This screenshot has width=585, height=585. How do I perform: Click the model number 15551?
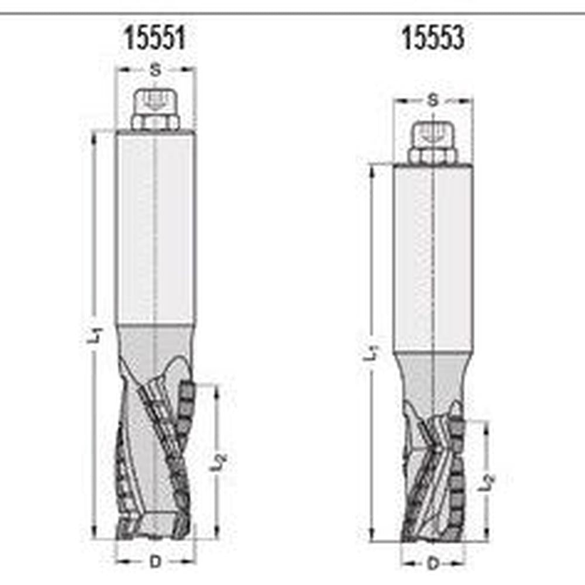coord(155,39)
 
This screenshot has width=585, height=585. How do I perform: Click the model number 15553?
coord(433,39)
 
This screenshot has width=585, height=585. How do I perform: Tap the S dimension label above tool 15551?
coord(155,70)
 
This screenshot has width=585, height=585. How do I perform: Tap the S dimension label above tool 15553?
coord(433,101)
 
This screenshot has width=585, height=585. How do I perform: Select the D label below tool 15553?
coord(433,564)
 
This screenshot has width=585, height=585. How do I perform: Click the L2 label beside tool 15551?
coord(217,462)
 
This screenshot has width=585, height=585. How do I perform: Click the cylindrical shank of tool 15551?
coord(155,228)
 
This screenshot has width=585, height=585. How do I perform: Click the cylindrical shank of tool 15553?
coord(432,257)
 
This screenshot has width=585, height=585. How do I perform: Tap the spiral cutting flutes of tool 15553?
coord(433,474)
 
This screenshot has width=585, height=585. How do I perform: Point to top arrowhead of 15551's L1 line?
coord(94,136)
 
